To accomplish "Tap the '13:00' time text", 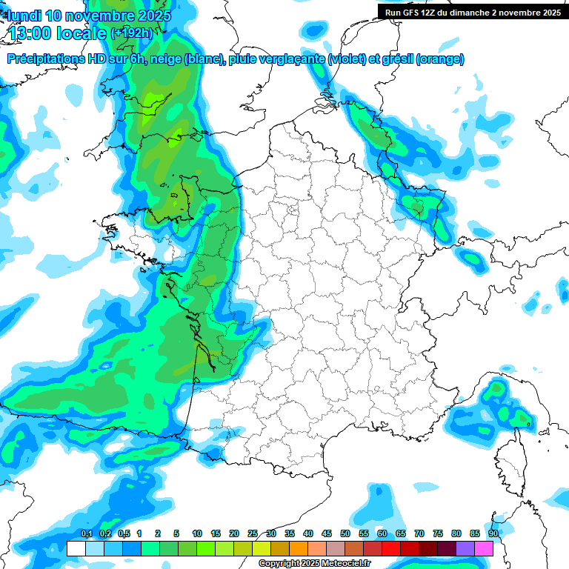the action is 30,33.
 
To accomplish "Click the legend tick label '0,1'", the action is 86,534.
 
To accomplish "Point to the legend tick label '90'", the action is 493,534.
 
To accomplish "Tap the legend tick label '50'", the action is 345,534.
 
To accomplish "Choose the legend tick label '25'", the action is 253,534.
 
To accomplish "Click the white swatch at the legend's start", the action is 76,549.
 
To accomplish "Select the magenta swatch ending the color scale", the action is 484,549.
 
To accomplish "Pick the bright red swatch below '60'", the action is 391,549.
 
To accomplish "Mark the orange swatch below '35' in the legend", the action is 299,549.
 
